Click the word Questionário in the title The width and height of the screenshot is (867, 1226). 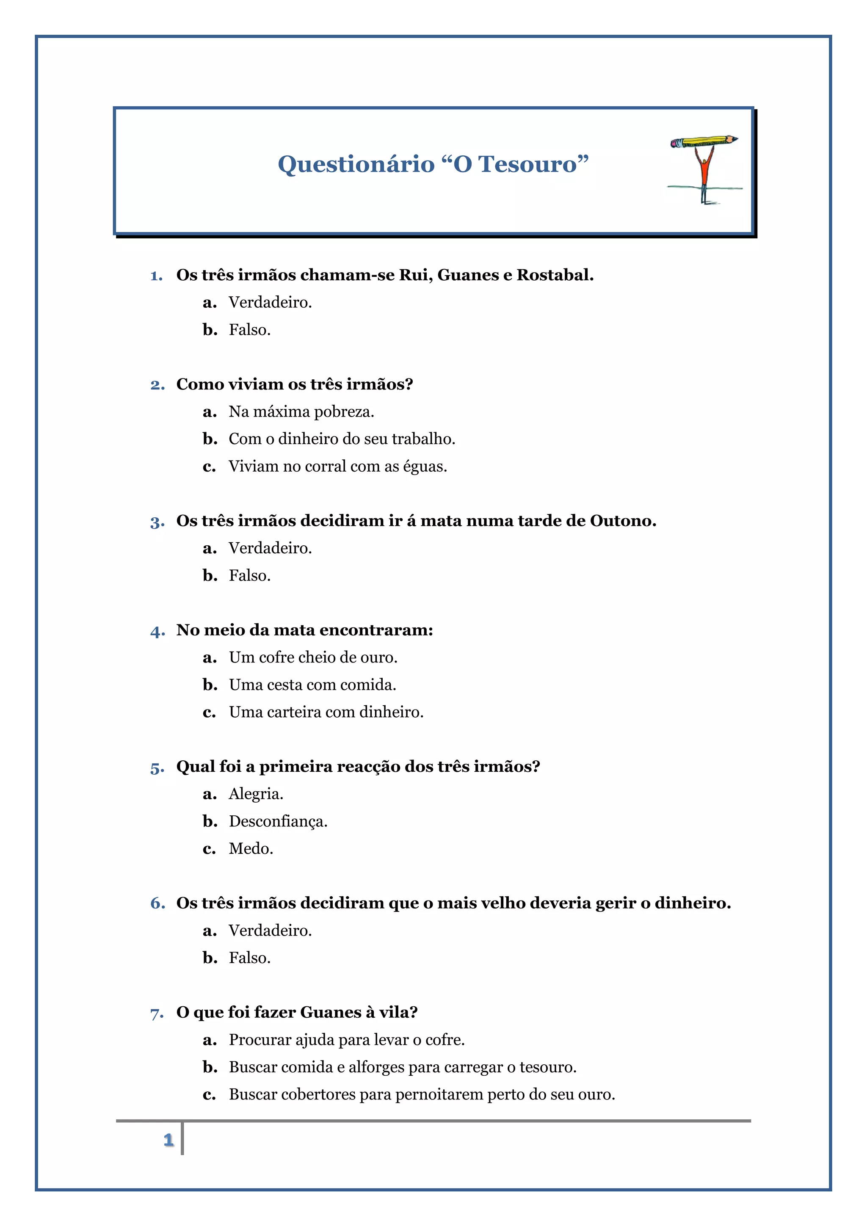(x=356, y=164)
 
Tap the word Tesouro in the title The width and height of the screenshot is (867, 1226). (x=527, y=164)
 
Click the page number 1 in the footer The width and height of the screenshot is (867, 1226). (x=169, y=1140)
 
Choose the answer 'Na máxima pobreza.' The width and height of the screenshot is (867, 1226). (x=301, y=411)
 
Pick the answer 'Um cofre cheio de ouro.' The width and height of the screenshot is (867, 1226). (x=313, y=657)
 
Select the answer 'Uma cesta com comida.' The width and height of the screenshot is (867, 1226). (x=312, y=685)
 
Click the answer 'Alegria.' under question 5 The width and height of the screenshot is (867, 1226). (x=256, y=794)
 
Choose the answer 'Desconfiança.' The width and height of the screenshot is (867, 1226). (x=278, y=821)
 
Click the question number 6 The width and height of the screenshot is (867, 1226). (x=157, y=903)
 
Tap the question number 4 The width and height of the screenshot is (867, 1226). (x=157, y=631)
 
